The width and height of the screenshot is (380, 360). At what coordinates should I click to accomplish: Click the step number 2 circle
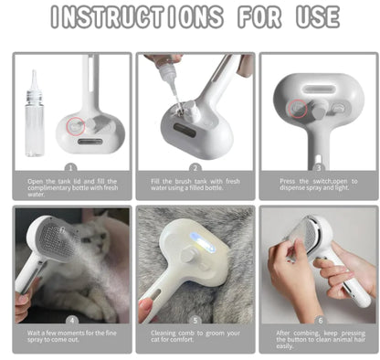coord(195,167)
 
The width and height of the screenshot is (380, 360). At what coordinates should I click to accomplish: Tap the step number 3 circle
coord(318,167)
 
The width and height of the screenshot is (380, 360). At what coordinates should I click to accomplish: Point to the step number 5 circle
coord(195,321)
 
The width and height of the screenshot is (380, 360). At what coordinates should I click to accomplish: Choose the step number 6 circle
coord(318,321)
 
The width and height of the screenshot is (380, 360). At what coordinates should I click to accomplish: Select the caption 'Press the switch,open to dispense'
coord(318,185)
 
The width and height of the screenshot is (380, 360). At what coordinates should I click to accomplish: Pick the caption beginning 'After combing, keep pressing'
coord(318,339)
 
